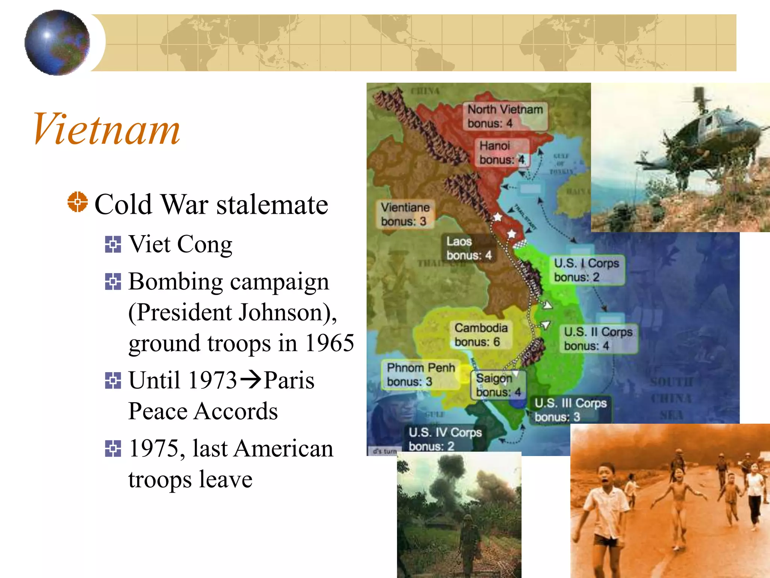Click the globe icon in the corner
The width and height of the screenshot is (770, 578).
[57, 43]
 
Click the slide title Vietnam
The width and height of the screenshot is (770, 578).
[106, 129]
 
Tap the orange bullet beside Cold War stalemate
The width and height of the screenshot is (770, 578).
[77, 202]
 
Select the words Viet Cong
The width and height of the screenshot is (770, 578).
[180, 244]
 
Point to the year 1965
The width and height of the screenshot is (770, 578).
[329, 343]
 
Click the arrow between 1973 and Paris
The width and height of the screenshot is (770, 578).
[250, 379]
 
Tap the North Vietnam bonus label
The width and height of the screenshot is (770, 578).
[505, 116]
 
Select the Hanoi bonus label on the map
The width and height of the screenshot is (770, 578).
[502, 153]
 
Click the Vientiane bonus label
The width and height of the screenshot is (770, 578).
[405, 214]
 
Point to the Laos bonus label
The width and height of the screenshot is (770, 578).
[468, 248]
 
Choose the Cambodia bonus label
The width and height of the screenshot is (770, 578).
[481, 335]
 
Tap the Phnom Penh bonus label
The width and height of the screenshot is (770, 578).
[421, 374]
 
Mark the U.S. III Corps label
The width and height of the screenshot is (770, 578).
[570, 410]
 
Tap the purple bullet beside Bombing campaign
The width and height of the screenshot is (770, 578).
[113, 282]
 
